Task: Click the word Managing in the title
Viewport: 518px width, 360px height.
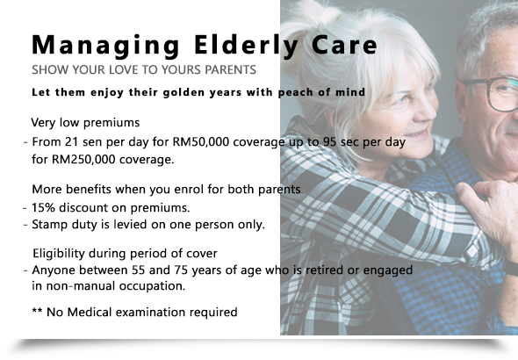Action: pos(105,46)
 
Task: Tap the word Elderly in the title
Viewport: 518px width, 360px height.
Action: pos(247,46)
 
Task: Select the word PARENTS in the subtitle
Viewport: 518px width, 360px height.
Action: pos(230,69)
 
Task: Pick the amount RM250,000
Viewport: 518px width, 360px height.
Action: pos(84,160)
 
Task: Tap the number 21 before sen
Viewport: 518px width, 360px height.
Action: pos(71,142)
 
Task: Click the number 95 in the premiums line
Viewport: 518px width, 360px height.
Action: pos(330,142)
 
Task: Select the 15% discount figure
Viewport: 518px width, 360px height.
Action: pos(43,208)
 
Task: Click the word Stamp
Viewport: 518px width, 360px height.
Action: pos(49,225)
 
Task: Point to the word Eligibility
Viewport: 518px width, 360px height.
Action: pos(59,254)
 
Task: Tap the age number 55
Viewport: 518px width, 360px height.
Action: pos(139,270)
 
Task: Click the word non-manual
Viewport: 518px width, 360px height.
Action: pos(81,286)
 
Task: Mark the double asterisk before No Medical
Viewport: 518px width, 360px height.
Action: pos(37,310)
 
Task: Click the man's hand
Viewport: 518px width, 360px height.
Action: pos(489,212)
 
